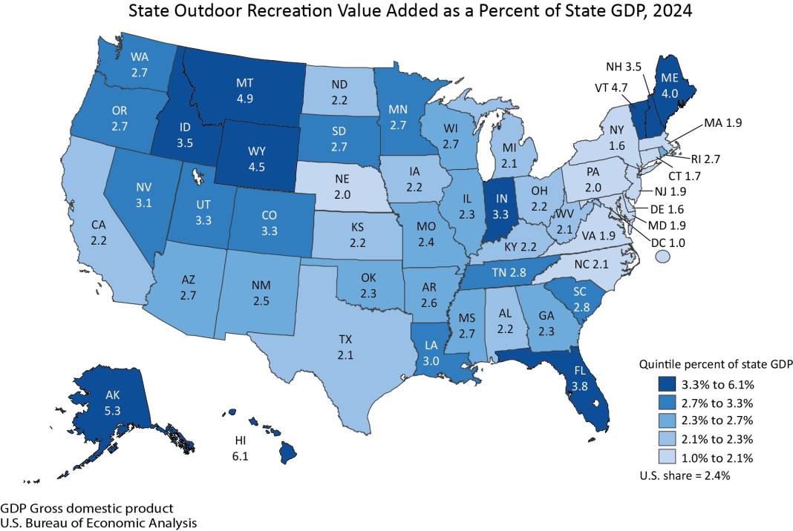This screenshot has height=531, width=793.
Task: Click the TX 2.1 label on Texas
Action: point(345,346)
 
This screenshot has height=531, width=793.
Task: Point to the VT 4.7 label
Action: point(600,86)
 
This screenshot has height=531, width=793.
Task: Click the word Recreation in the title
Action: point(323,12)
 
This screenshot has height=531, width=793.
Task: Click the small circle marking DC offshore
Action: point(663,256)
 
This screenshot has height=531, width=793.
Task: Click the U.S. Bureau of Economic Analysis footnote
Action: point(99,523)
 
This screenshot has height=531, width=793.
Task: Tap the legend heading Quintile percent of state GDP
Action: point(717,364)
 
